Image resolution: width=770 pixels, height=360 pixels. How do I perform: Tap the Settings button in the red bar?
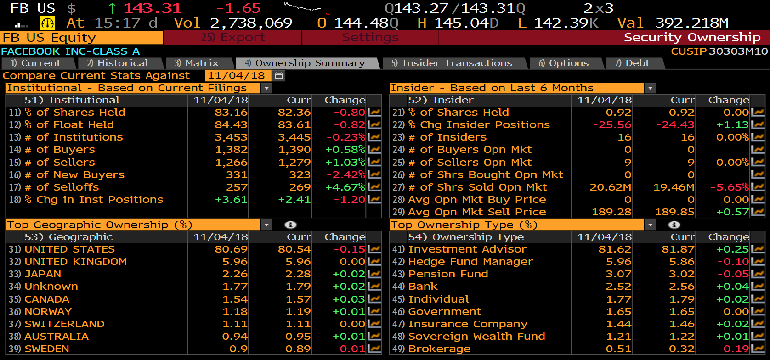pos(370,38)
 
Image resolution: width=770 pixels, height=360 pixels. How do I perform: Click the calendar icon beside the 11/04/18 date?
pos(278,75)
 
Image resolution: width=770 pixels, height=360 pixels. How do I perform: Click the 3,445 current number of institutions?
pos(294,137)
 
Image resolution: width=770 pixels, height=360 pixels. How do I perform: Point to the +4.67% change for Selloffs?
pos(345,187)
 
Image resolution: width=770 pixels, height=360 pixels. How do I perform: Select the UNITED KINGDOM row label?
pos(75,261)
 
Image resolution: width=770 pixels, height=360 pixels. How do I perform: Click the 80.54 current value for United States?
pos(294,249)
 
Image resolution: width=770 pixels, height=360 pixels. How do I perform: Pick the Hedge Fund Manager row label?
pos(470,261)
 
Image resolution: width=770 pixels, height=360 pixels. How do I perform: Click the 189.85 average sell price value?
pos(674,212)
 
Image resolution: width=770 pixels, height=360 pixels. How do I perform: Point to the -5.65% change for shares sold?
pos(730,187)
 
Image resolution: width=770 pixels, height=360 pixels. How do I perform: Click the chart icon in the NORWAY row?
pos(374,311)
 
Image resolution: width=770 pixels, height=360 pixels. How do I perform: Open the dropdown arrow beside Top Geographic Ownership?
pos(266,225)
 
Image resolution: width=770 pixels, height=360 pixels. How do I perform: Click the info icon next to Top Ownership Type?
pos(674,225)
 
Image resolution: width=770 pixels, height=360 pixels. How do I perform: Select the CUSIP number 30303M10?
pos(738,51)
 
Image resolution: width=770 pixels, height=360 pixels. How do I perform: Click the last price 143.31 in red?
pos(153,8)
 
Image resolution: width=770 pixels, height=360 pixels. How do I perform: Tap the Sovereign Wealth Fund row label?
pos(476,336)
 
